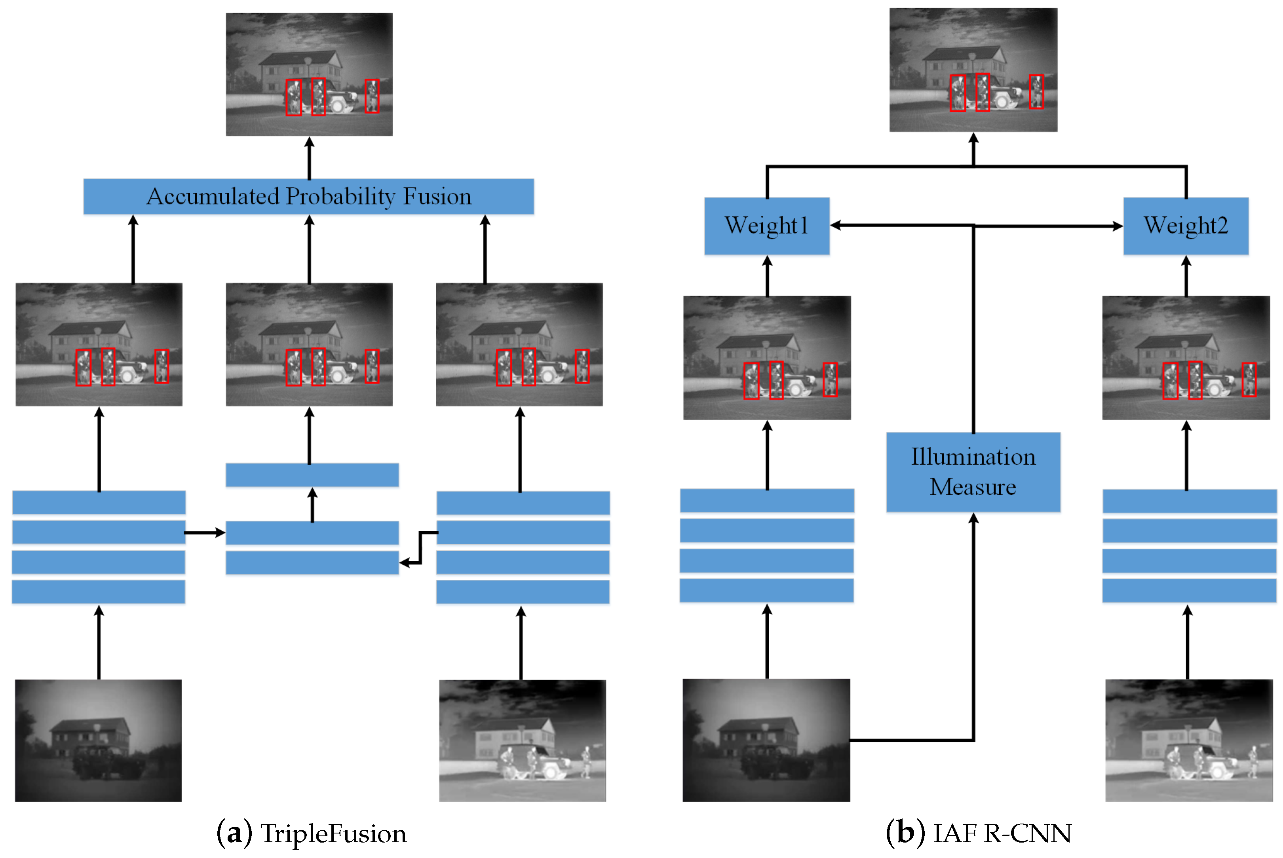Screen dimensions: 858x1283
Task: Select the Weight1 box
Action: (766, 226)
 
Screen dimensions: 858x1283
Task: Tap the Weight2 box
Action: (1185, 226)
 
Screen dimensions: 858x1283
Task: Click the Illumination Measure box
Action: (973, 472)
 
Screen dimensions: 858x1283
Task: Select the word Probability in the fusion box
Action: (340, 196)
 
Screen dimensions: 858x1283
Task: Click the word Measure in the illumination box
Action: (972, 486)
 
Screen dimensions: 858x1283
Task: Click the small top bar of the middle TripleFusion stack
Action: (312, 475)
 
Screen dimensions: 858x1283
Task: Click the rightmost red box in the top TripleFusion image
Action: (372, 96)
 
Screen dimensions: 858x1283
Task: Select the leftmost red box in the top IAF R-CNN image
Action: (957, 93)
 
